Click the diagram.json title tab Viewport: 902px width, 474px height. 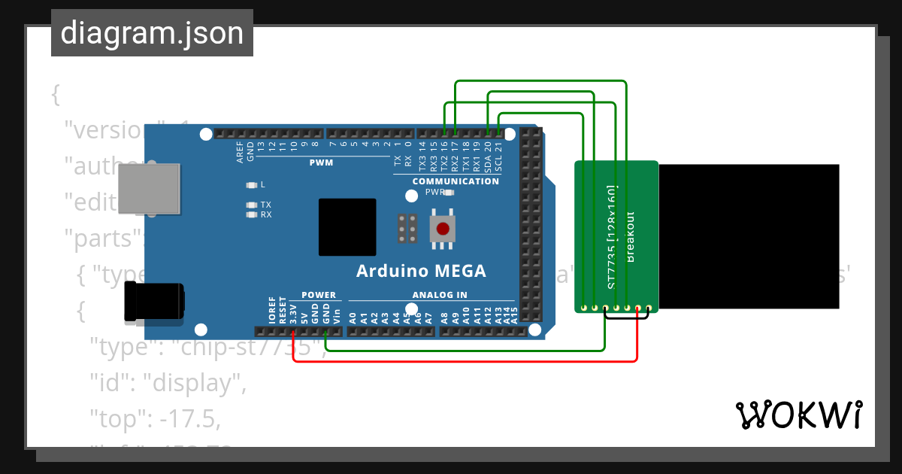coord(152,33)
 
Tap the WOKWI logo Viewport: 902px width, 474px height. coord(798,415)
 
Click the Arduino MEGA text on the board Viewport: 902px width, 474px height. coord(420,271)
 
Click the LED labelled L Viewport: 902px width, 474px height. coord(252,184)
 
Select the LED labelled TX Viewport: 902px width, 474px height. coord(252,205)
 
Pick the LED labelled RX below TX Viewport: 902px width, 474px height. coord(252,214)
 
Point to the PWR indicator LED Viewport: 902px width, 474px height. coord(449,193)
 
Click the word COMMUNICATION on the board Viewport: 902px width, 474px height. coord(456,181)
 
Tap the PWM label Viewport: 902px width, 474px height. coord(320,163)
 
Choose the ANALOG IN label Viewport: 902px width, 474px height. coord(440,295)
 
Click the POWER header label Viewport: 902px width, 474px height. coord(319,295)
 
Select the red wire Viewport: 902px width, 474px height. coord(466,361)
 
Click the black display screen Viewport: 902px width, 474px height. coord(749,236)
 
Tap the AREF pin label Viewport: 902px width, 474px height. coord(240,152)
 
